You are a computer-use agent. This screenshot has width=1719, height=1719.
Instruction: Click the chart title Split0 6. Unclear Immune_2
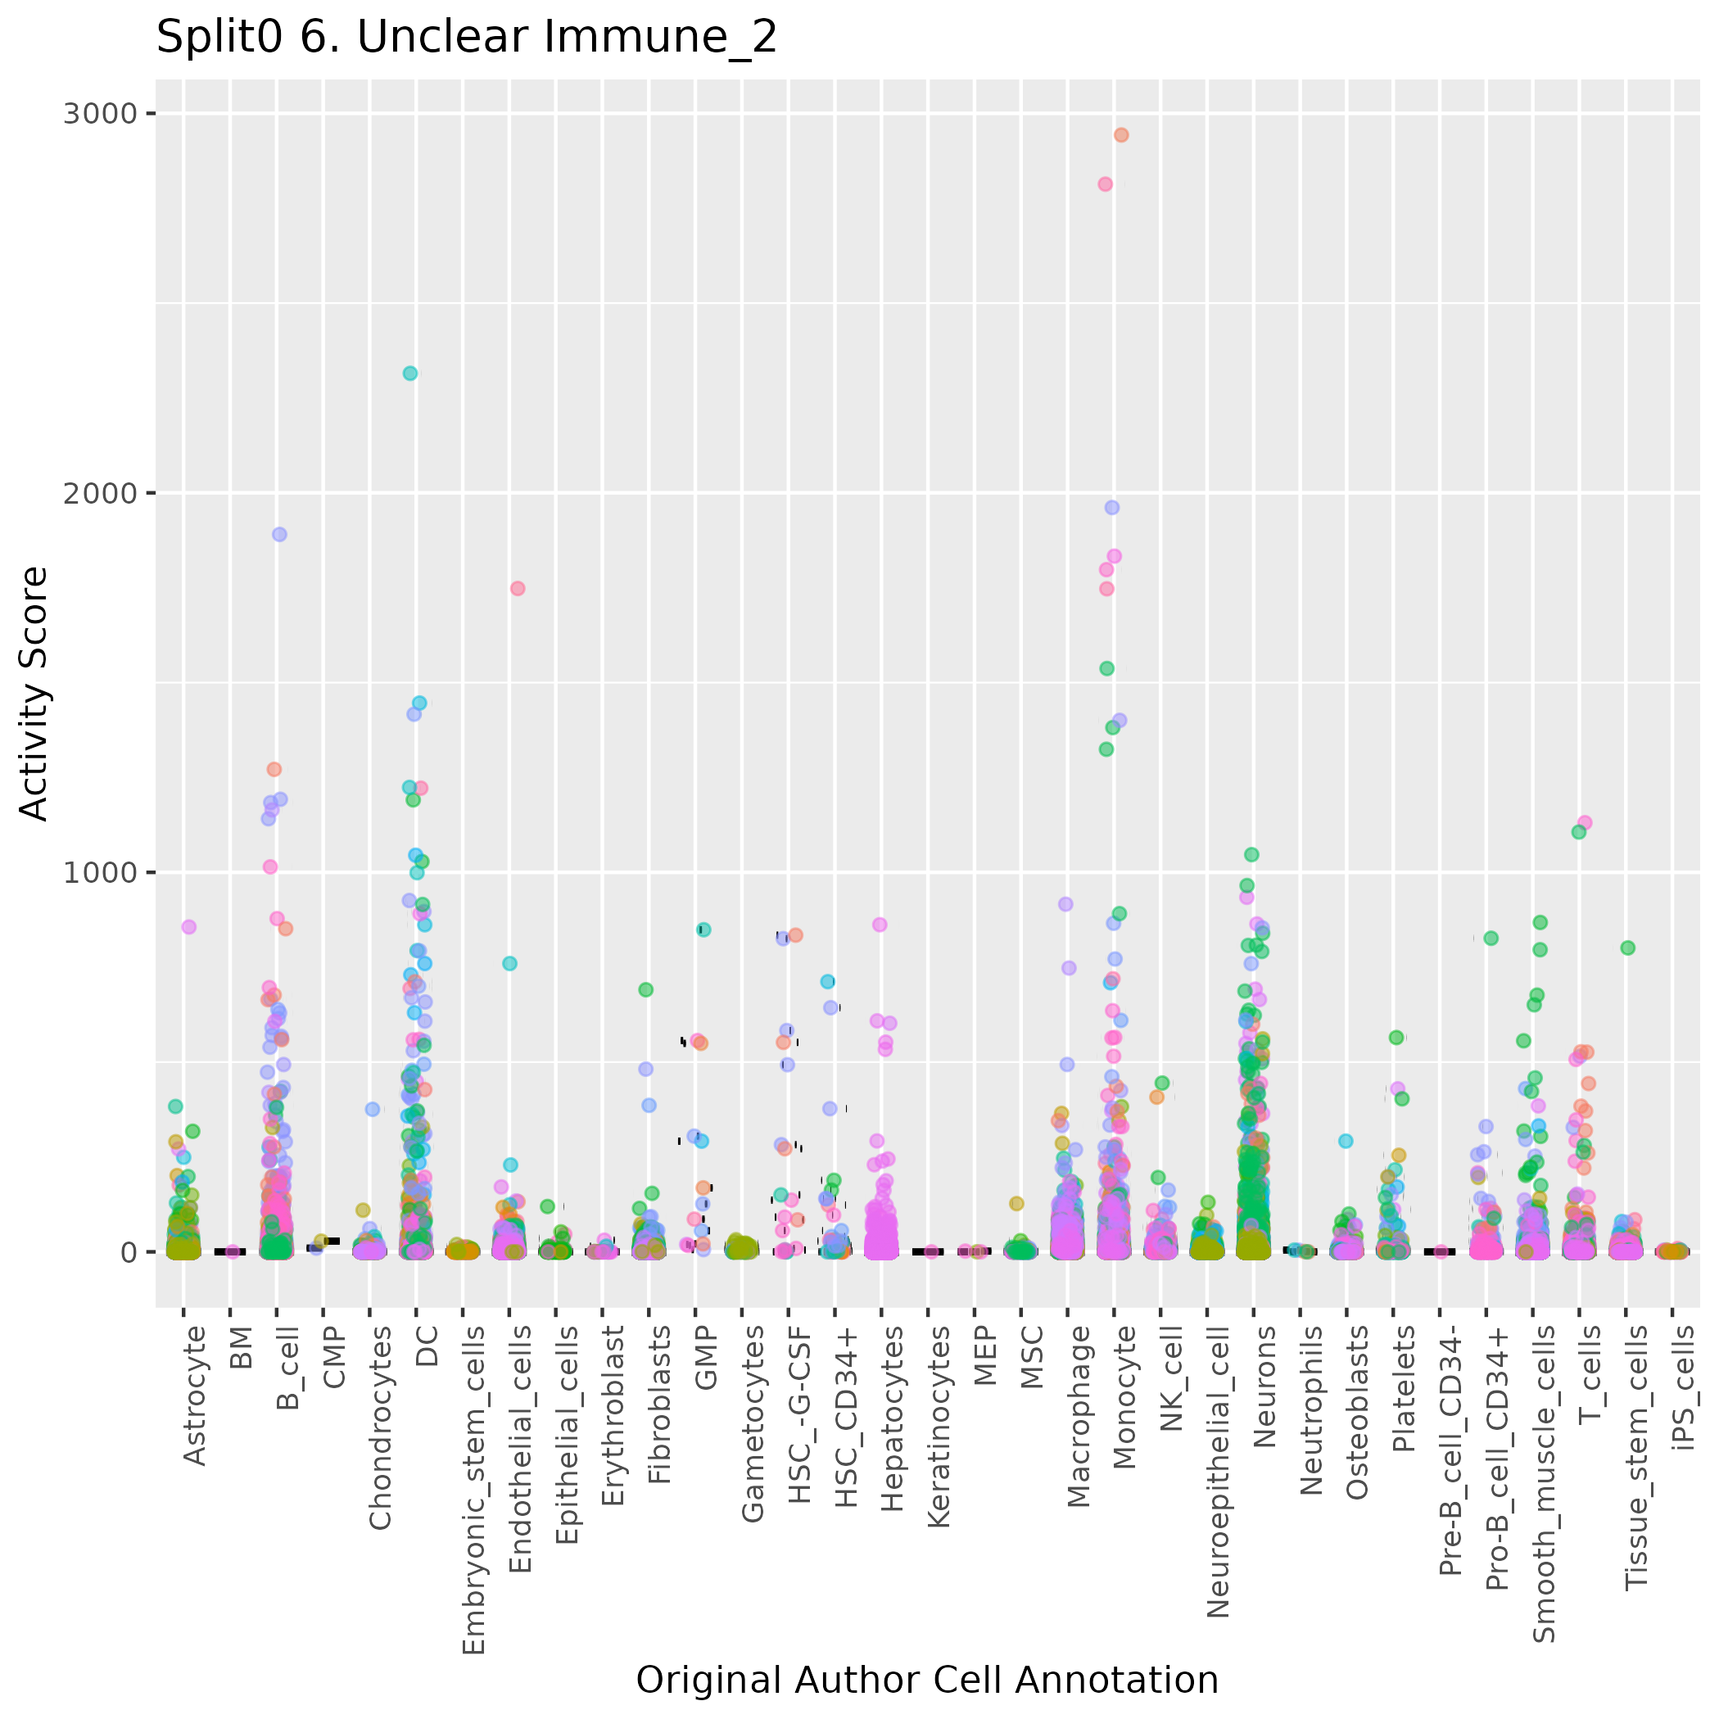coord(466,38)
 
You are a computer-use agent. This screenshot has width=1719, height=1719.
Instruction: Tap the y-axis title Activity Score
coord(34,693)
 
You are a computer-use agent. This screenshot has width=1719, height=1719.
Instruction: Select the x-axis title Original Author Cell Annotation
coord(926,1680)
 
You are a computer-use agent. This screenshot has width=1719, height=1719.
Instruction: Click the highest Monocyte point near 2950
coord(1121,135)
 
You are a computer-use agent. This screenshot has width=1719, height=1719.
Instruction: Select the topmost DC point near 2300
coord(410,373)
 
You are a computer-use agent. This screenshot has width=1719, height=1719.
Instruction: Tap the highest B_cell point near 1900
coord(279,535)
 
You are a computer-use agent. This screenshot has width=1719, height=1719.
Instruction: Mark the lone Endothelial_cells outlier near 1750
coord(518,588)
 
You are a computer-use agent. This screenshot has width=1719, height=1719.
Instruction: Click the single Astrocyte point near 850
coord(188,927)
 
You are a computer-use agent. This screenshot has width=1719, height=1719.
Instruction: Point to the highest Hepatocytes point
coord(879,925)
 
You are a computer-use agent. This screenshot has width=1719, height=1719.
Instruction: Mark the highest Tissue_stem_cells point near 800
coord(1627,948)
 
